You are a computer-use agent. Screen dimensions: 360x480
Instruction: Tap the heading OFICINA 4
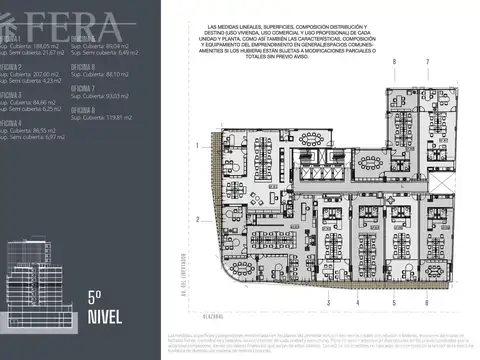click(11, 122)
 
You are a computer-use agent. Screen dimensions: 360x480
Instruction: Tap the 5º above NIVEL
click(96, 296)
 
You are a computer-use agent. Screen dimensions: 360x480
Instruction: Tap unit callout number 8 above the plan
click(394, 62)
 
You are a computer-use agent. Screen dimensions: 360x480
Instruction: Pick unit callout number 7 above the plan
click(427, 62)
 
